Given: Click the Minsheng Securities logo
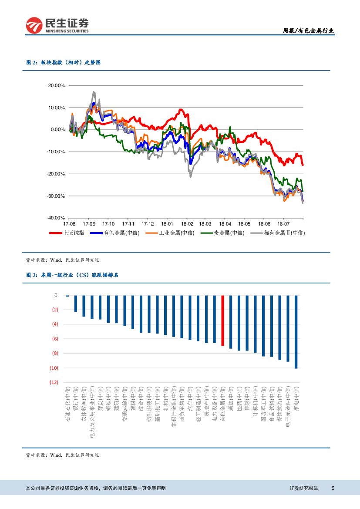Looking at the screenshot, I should pyautogui.click(x=57, y=25).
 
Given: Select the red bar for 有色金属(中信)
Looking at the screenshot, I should pyautogui.click(x=222, y=320).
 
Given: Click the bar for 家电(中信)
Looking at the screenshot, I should pyautogui.click(x=296, y=332).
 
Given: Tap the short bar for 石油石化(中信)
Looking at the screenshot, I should pyautogui.click(x=67, y=296).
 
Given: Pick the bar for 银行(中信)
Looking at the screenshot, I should pyautogui.click(x=75, y=303).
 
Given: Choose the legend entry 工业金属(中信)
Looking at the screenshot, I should pyautogui.click(x=165, y=233).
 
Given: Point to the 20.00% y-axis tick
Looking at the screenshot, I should pyautogui.click(x=57, y=85).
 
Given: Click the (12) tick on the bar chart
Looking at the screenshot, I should pyautogui.click(x=54, y=382).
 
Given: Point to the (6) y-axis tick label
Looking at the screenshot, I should pyautogui.click(x=55, y=339).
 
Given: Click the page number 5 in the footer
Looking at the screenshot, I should pyautogui.click(x=333, y=488).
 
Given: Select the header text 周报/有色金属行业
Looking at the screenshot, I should pyautogui.click(x=309, y=30).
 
